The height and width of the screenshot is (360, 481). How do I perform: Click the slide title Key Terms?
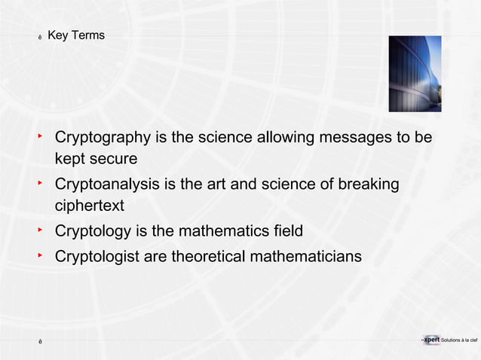pos(75,35)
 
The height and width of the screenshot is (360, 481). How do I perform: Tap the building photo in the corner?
pos(415,74)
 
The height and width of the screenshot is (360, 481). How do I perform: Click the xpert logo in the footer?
pos(432,340)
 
